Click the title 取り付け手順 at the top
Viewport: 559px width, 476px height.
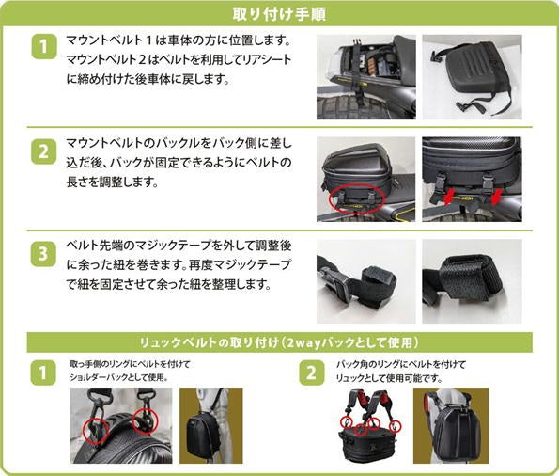[x=279, y=14]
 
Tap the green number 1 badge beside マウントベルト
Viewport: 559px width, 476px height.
[x=44, y=46]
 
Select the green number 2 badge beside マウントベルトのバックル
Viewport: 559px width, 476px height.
[x=43, y=151]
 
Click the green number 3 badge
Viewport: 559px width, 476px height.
[x=43, y=254]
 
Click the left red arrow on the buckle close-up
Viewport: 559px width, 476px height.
[x=450, y=197]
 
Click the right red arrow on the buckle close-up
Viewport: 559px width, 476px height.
[x=496, y=197]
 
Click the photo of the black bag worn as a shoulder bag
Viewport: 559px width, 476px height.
[x=211, y=425]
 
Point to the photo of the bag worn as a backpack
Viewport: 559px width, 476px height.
[x=451, y=425]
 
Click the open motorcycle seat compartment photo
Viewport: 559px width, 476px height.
[x=366, y=77]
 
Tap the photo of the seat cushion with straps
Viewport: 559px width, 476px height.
[x=472, y=77]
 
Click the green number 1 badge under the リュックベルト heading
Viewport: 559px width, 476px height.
[x=43, y=373]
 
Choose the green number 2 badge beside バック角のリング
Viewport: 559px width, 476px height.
[x=312, y=373]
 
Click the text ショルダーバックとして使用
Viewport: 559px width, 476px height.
[x=117, y=377]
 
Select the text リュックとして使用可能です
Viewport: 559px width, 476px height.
[x=389, y=378]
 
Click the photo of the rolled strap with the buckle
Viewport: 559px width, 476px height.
[x=366, y=281]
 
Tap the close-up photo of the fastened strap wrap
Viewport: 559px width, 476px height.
[x=472, y=281]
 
